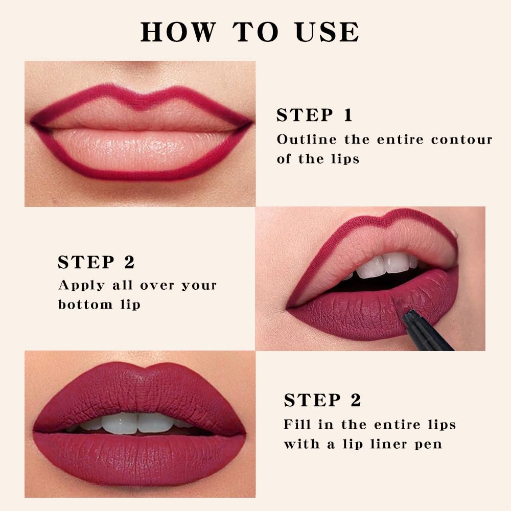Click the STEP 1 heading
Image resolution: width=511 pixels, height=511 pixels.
(x=314, y=115)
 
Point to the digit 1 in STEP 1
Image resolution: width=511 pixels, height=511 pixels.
(x=348, y=115)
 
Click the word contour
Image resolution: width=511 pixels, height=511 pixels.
(x=461, y=140)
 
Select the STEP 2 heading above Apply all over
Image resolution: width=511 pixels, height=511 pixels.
(x=96, y=262)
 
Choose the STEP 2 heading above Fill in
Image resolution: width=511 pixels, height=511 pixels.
(x=322, y=401)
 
